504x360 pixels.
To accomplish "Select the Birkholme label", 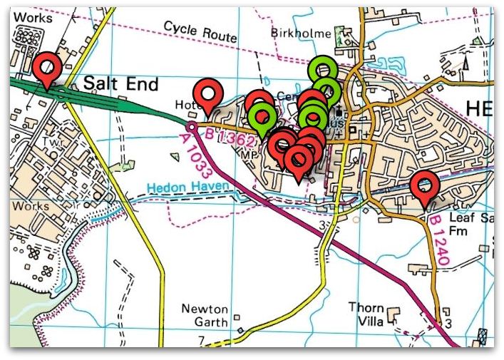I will [x=301, y=34].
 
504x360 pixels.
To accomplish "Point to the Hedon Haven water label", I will [x=188, y=187].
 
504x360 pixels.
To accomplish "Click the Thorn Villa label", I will [x=366, y=314].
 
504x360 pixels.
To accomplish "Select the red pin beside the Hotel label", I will [x=209, y=93].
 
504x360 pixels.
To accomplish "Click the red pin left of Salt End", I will [x=48, y=68].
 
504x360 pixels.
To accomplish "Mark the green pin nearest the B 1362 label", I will [x=263, y=115].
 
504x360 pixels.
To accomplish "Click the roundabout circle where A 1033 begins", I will [x=192, y=127].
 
